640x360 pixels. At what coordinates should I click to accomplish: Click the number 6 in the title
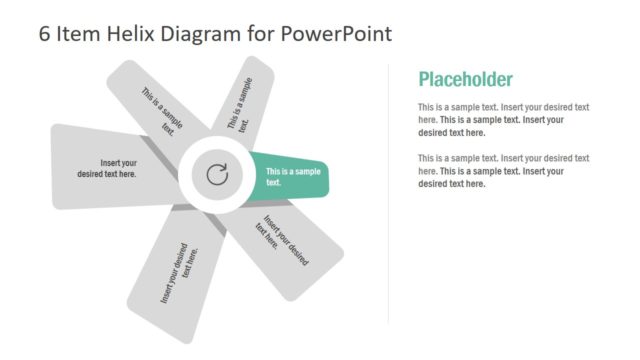(45, 33)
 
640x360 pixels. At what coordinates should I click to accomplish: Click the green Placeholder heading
(465, 80)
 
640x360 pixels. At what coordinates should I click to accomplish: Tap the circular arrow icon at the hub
(217, 176)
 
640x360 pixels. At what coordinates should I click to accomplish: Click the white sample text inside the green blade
(293, 176)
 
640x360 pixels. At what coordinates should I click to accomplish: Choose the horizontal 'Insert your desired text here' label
(108, 168)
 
